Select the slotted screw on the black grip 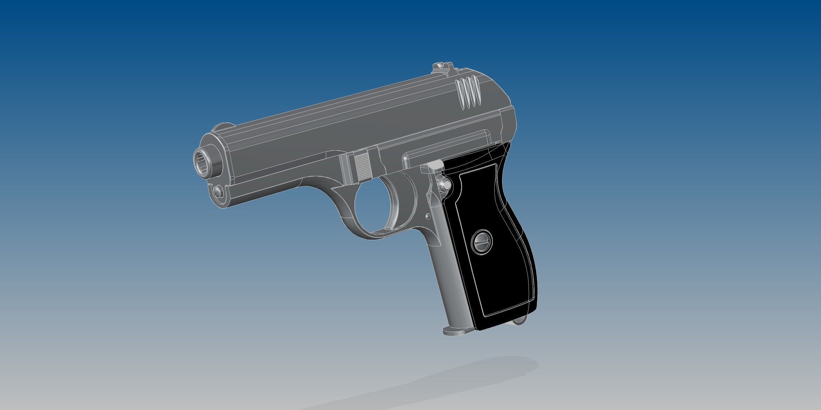click(482, 240)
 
